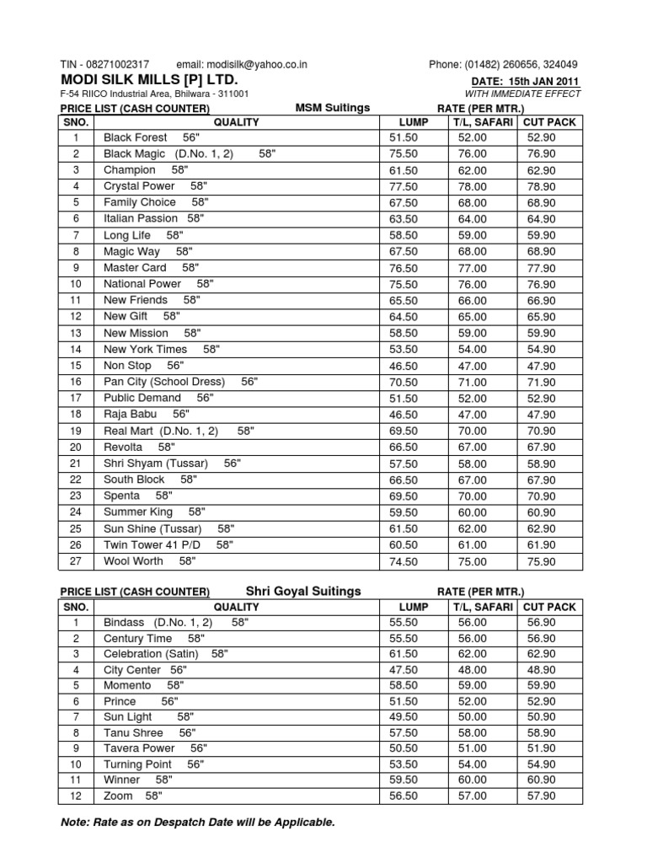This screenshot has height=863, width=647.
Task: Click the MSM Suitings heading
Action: pos(332,108)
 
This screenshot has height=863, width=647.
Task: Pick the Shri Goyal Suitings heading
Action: pos(302,591)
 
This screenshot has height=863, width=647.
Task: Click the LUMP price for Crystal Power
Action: pos(404,186)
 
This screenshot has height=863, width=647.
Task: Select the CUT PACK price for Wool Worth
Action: pos(540,560)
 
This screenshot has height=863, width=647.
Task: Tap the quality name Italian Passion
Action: pos(141,218)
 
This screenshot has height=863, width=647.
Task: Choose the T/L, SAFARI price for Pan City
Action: pos(472,382)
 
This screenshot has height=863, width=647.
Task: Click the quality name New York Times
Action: pos(146,349)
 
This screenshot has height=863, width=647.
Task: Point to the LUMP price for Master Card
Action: pos(404,268)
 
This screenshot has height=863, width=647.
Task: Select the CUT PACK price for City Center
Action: pos(540,669)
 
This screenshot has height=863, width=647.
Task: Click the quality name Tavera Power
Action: pos(139,748)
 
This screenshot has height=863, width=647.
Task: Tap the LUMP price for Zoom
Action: pos(404,796)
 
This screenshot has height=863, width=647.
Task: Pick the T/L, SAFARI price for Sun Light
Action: pos(472,716)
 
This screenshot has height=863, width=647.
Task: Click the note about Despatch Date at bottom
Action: pos(198,822)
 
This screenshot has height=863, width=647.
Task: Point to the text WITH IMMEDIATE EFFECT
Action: pos(522,94)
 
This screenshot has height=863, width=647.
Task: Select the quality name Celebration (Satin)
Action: pos(151,654)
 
